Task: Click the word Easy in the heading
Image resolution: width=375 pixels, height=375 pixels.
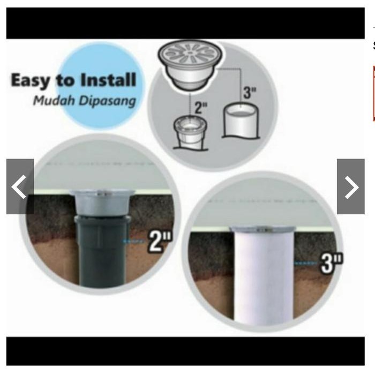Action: (31, 81)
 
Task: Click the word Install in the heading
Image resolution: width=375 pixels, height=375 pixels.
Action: (108, 80)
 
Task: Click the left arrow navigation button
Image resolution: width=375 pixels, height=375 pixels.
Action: (20, 186)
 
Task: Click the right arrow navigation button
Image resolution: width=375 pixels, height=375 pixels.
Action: (351, 186)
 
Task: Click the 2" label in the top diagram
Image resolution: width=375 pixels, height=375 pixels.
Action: (200, 108)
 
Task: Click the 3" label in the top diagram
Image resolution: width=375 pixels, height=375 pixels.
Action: (250, 92)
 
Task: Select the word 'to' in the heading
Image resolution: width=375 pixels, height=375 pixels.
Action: (65, 81)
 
